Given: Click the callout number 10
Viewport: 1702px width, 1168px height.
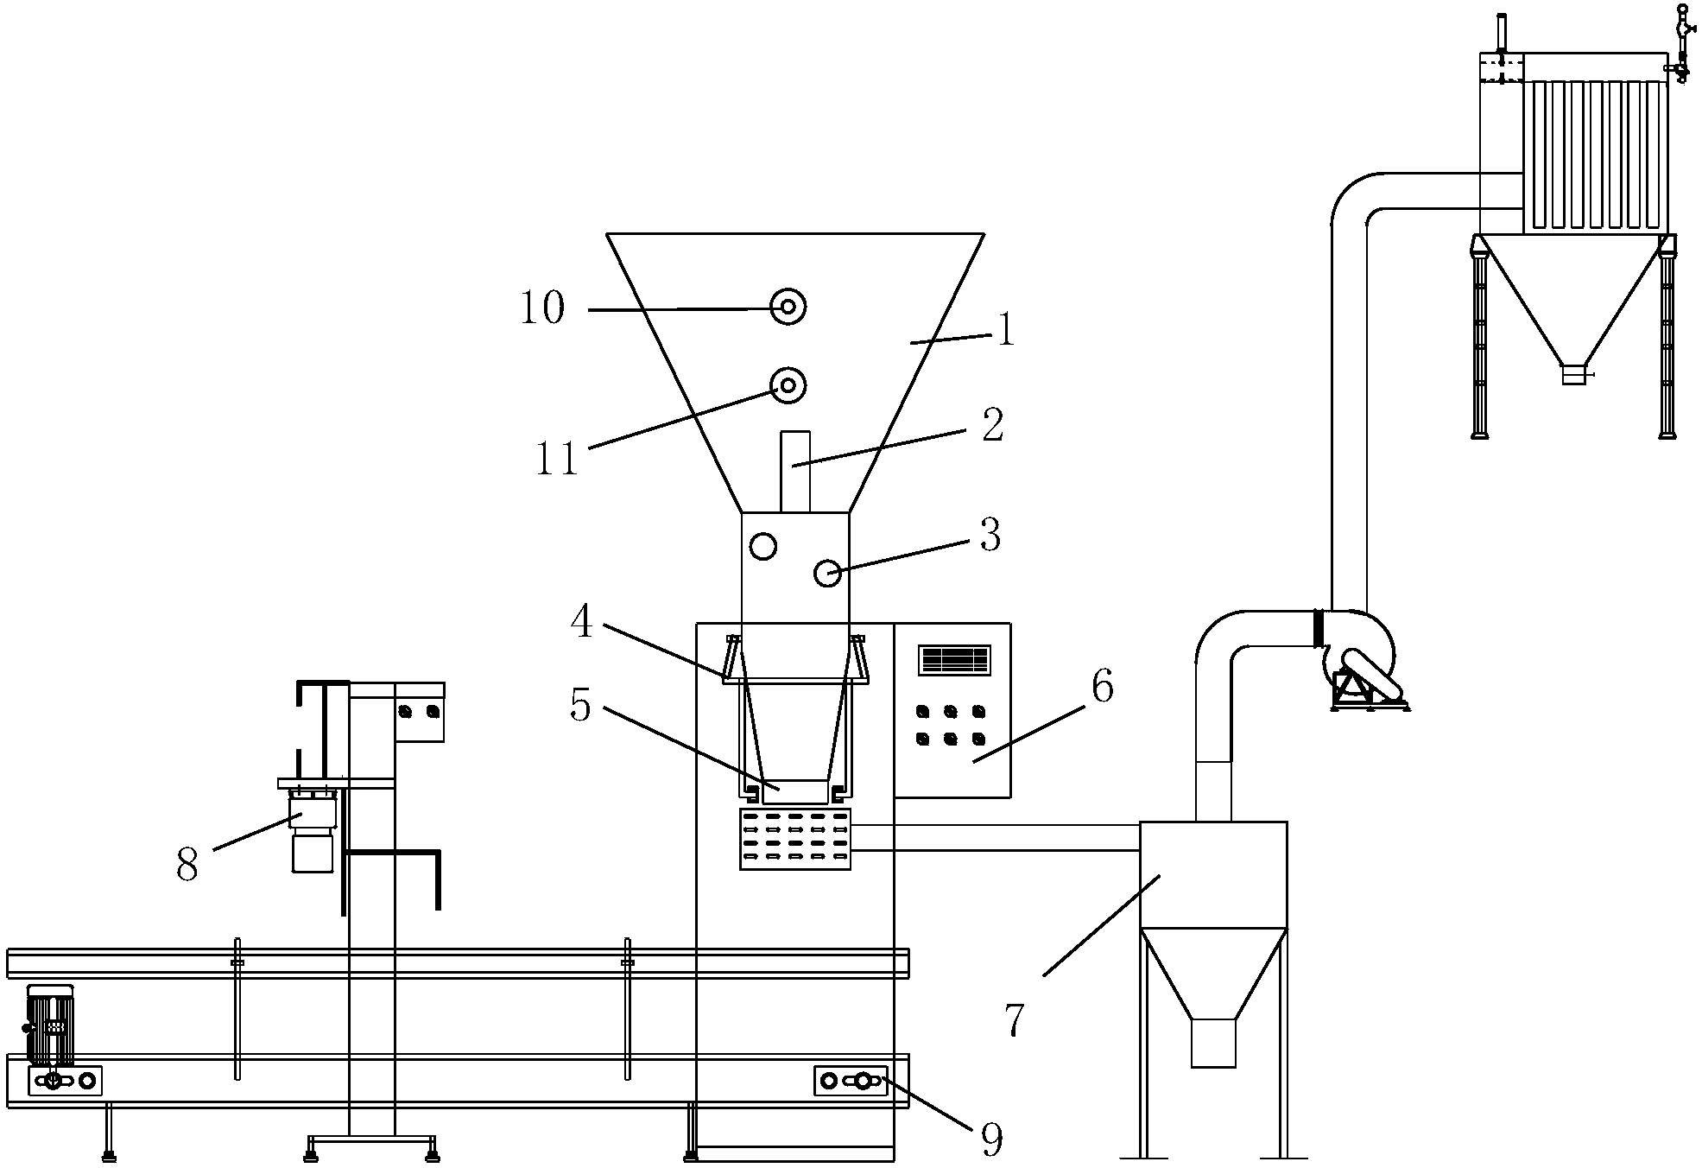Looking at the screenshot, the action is click(542, 308).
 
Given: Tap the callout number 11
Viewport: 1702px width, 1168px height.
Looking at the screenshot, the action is click(556, 460).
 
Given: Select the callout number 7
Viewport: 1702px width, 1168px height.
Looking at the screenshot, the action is click(1015, 1020).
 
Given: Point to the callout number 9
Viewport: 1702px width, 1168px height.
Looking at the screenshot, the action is click(993, 1140).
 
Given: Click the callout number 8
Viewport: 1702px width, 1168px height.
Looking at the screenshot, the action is click(187, 864).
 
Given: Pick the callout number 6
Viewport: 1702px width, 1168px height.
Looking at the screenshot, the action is click(1102, 687).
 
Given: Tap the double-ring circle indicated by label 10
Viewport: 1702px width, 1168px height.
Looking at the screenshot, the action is click(788, 307).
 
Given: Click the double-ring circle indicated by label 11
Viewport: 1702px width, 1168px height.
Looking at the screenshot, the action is click(788, 385).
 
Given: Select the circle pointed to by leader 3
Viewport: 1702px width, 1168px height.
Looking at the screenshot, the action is click(828, 572).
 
